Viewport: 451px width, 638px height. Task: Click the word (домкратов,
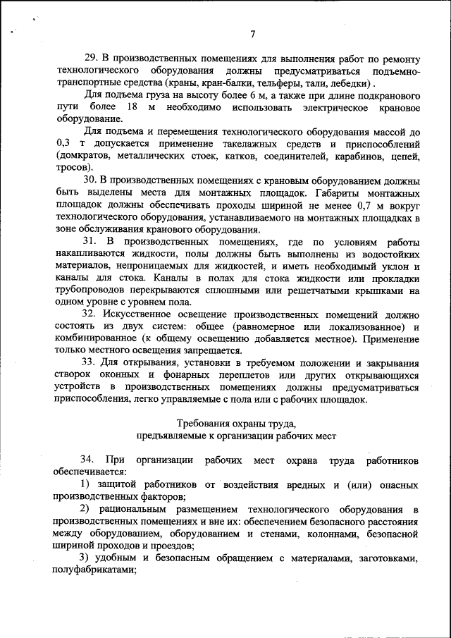[83, 156]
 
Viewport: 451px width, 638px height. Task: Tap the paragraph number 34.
[90, 460]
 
